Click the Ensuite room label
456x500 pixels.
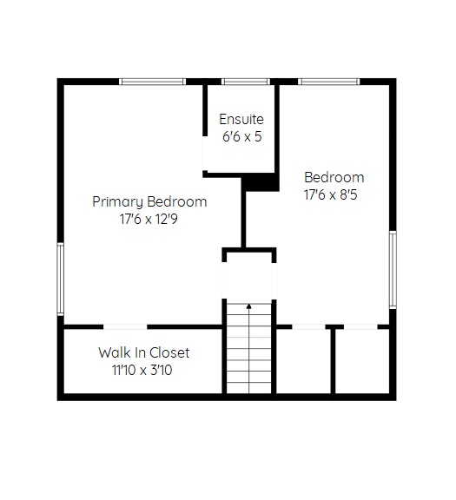(x=241, y=119)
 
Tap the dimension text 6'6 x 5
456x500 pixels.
(x=241, y=136)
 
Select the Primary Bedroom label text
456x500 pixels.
(x=149, y=202)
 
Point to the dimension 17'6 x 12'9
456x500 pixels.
(x=149, y=219)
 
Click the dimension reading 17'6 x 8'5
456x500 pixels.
(x=331, y=194)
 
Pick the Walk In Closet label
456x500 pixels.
(x=144, y=352)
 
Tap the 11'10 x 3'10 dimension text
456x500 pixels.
(x=142, y=370)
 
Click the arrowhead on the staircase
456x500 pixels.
(x=249, y=306)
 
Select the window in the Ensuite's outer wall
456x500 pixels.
(x=246, y=82)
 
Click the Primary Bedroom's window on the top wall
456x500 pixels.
(x=152, y=82)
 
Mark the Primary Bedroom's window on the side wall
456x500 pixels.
(x=60, y=279)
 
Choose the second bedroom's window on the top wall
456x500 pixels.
(x=328, y=82)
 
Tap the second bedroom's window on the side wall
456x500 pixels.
(x=393, y=270)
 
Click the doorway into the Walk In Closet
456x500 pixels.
(x=125, y=327)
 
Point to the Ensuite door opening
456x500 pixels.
(x=205, y=154)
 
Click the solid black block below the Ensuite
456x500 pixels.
(x=260, y=182)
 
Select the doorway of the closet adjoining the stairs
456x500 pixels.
(x=308, y=327)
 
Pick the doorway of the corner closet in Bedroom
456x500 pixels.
(x=360, y=327)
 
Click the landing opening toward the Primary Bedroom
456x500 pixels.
(x=224, y=280)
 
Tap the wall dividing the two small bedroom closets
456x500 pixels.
(x=333, y=361)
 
